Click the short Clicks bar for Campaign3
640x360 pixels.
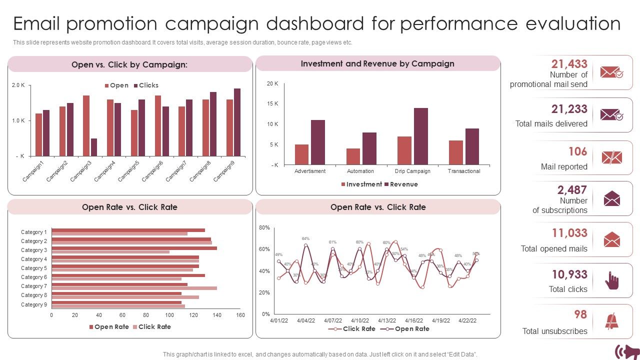click(94, 147)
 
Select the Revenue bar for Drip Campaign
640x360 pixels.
click(421, 136)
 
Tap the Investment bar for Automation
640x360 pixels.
click(353, 156)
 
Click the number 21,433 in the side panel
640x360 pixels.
click(569, 64)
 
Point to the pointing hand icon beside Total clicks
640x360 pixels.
click(611, 280)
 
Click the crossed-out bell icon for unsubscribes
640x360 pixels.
click(611, 321)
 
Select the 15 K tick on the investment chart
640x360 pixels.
click(272, 104)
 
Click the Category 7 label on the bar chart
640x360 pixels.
click(34, 286)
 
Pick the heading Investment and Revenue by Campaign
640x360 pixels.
click(377, 63)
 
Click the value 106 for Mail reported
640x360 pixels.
click(577, 151)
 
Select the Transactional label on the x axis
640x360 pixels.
click(464, 171)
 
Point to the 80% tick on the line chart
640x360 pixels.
click(264, 228)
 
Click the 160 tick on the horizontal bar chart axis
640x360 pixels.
click(240, 315)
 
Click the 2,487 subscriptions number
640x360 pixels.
click(572, 190)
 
